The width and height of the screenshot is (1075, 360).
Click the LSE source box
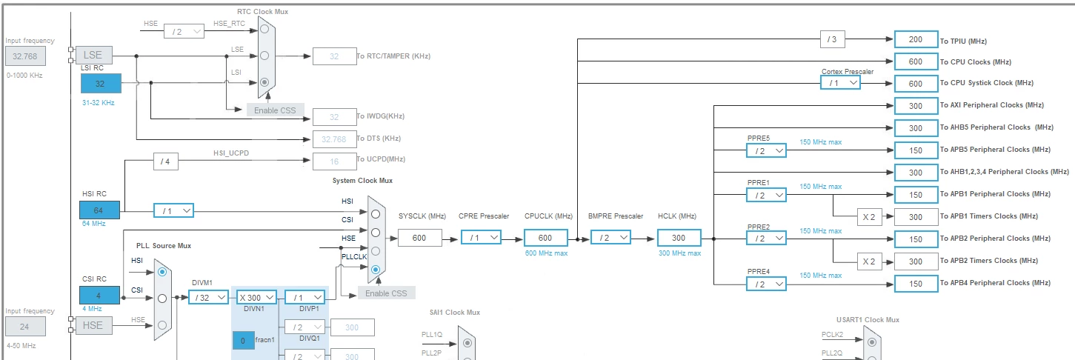point(94,56)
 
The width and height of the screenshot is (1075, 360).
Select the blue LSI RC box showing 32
point(101,84)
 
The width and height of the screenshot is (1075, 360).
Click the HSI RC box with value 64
point(99,210)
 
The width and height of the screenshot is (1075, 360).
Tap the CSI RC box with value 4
point(99,296)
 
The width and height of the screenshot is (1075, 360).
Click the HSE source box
point(93,325)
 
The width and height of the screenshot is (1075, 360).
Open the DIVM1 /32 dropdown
point(208,298)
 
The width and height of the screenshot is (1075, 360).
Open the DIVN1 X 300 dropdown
point(256,298)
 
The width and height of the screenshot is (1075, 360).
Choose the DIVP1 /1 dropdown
point(304,298)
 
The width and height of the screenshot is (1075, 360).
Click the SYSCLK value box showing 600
point(420,238)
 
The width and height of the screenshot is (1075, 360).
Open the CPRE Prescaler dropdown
point(481,238)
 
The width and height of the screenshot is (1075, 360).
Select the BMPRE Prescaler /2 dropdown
point(610,238)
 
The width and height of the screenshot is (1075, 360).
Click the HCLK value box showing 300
point(679,238)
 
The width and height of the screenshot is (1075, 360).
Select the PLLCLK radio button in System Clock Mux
point(376,270)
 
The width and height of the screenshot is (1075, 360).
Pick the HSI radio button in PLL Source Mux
point(162,272)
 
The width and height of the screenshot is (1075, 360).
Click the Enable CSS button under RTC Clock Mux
point(275,110)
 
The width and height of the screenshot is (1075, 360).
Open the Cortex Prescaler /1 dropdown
point(840,82)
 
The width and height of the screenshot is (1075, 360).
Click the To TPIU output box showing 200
point(916,39)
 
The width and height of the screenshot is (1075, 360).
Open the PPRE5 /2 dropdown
point(766,150)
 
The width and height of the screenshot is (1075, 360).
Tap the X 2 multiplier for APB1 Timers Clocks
point(869,217)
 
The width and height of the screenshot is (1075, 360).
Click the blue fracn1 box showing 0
point(243,341)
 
